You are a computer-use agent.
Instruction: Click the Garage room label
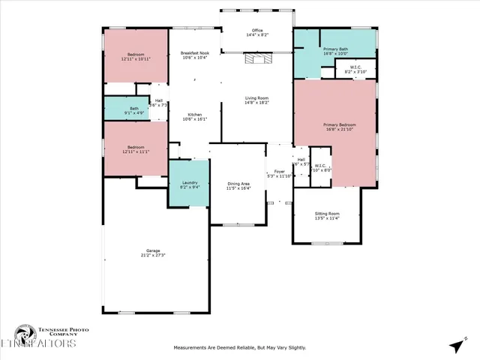(153, 250)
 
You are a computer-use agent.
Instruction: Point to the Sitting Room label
(326, 214)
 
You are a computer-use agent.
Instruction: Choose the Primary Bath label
(335, 49)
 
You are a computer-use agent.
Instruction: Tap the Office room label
(257, 31)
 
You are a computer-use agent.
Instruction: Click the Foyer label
(279, 171)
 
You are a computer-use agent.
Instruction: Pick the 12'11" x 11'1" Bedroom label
(135, 148)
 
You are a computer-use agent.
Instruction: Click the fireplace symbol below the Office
(256, 58)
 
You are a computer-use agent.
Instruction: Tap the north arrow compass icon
(456, 345)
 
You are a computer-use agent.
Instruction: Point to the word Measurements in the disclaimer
(193, 348)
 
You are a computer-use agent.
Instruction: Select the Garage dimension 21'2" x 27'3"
(153, 255)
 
